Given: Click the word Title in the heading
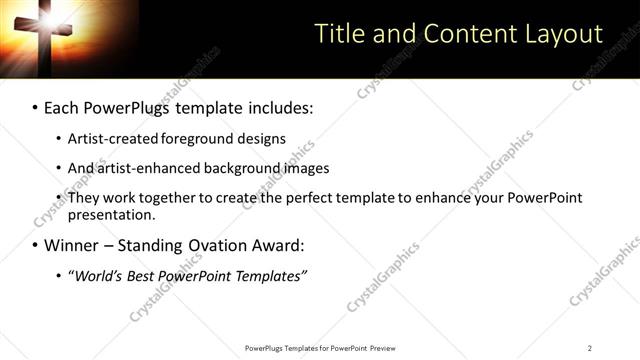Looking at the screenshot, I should [x=338, y=34].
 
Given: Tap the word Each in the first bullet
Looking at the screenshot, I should [x=63, y=106].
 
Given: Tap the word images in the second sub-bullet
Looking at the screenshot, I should [x=306, y=168].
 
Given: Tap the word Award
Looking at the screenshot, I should [x=272, y=245].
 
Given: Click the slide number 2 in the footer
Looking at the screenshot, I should [x=590, y=348].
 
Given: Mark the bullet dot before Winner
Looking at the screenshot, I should [x=34, y=246].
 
